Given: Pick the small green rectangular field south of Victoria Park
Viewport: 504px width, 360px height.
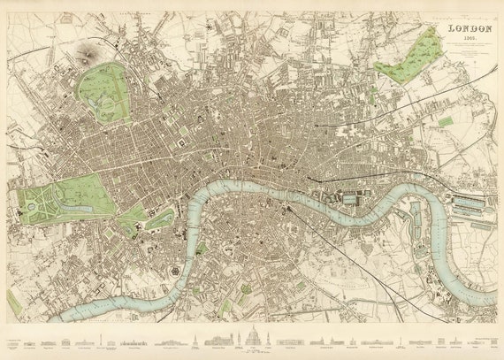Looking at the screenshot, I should point(445,121).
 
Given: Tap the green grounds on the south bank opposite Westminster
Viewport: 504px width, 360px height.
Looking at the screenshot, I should point(200,249).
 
